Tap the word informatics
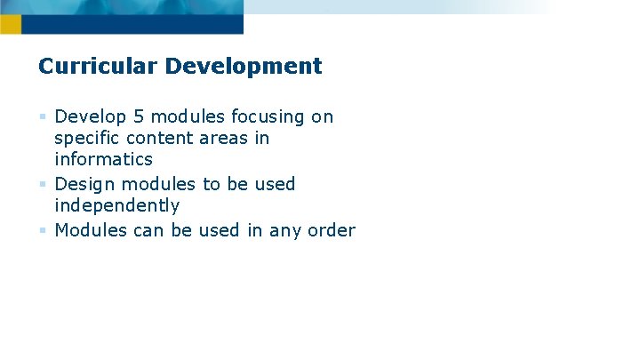103,160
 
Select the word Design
84,184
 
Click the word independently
116,206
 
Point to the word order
331,230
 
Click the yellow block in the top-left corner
10,24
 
